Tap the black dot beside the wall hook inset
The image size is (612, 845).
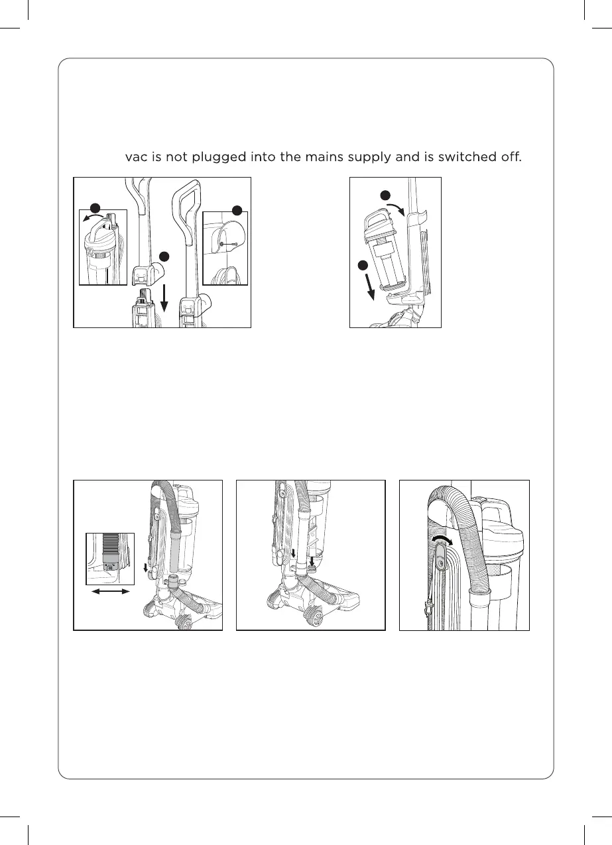point(237,211)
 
